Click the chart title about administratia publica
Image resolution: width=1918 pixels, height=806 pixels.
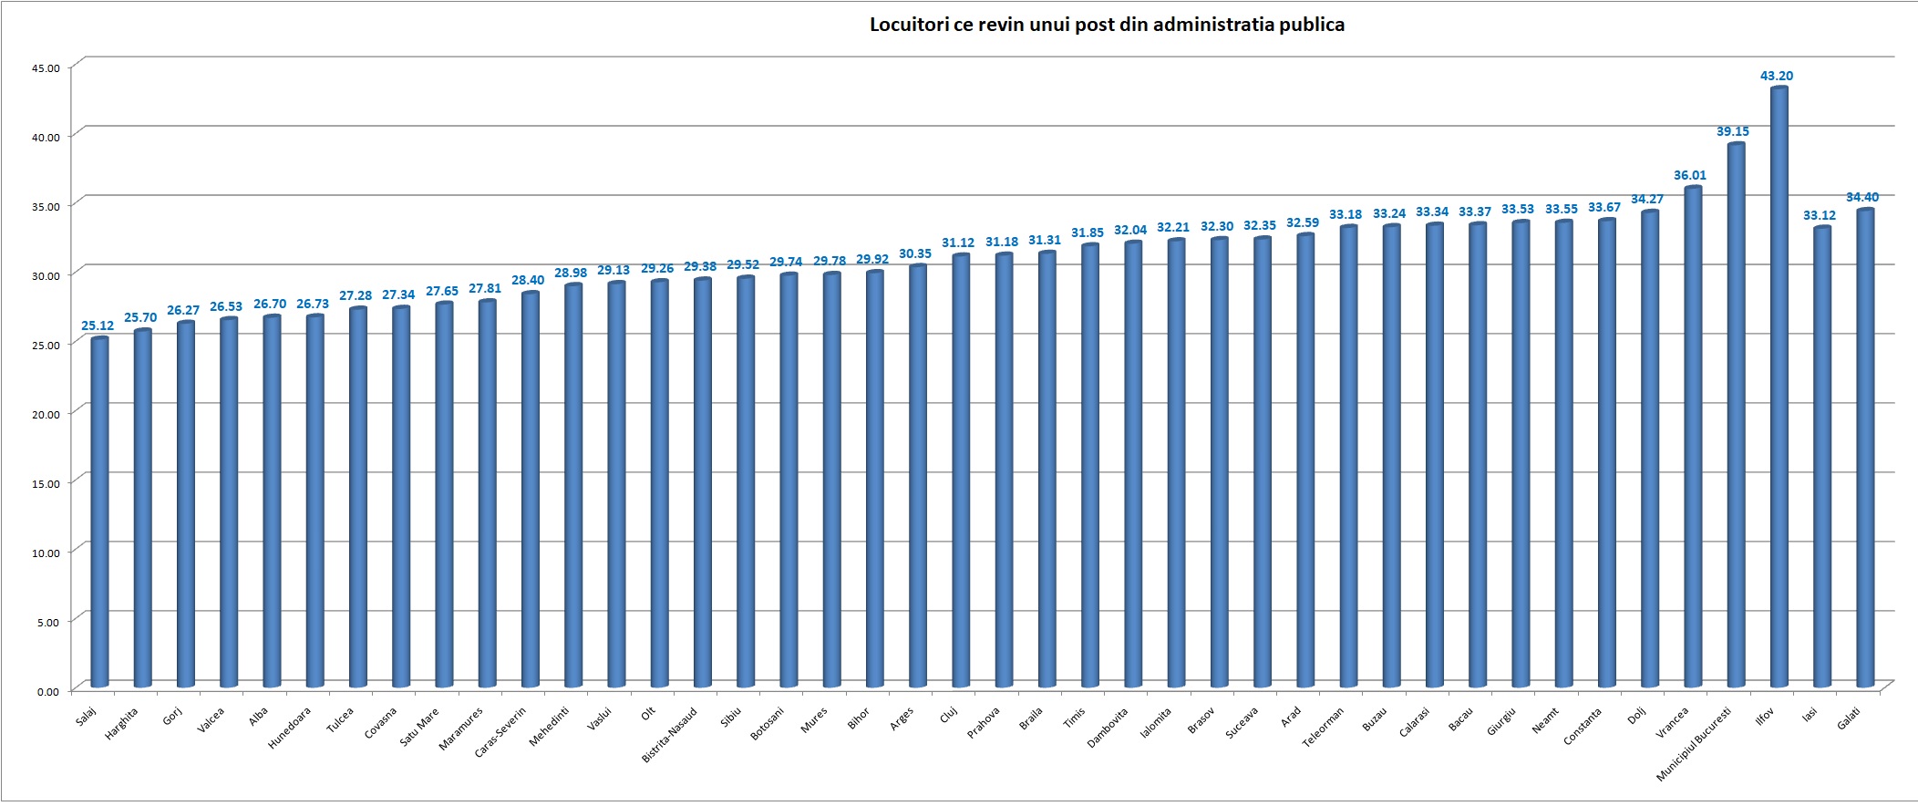pos(1107,25)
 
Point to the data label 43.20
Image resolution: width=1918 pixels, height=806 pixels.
pos(1776,76)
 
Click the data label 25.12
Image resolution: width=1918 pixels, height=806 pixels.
pos(98,325)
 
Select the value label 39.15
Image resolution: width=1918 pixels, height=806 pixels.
pos(1732,131)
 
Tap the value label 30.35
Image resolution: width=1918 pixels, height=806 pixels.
pos(915,253)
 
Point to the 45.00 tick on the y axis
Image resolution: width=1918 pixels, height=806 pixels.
pos(46,68)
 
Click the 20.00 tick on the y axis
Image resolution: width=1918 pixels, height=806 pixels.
pos(46,414)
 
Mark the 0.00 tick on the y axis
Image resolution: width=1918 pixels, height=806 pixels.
pos(48,691)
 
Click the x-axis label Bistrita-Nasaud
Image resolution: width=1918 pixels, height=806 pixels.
pos(670,734)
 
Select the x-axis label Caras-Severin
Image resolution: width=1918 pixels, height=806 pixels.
pos(500,732)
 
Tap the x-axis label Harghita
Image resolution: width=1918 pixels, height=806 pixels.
pos(122,723)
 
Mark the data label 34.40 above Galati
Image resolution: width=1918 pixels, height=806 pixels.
pos(1861,197)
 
